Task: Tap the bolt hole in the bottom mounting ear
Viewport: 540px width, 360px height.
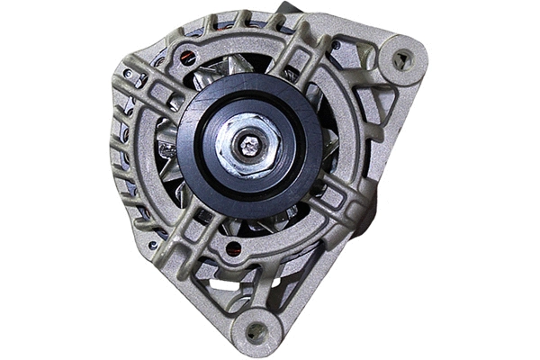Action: [256, 330]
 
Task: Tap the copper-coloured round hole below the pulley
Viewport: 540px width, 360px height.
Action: [233, 247]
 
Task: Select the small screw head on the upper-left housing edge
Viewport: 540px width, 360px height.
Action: [128, 73]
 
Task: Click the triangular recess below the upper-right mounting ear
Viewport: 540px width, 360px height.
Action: [378, 108]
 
